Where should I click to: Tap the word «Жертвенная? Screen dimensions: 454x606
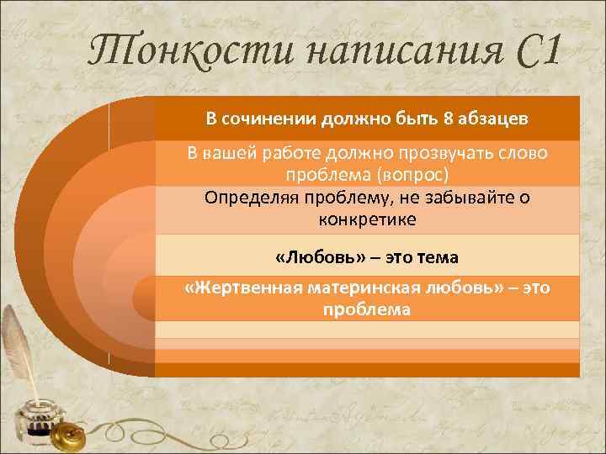pyautogui.click(x=243, y=288)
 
